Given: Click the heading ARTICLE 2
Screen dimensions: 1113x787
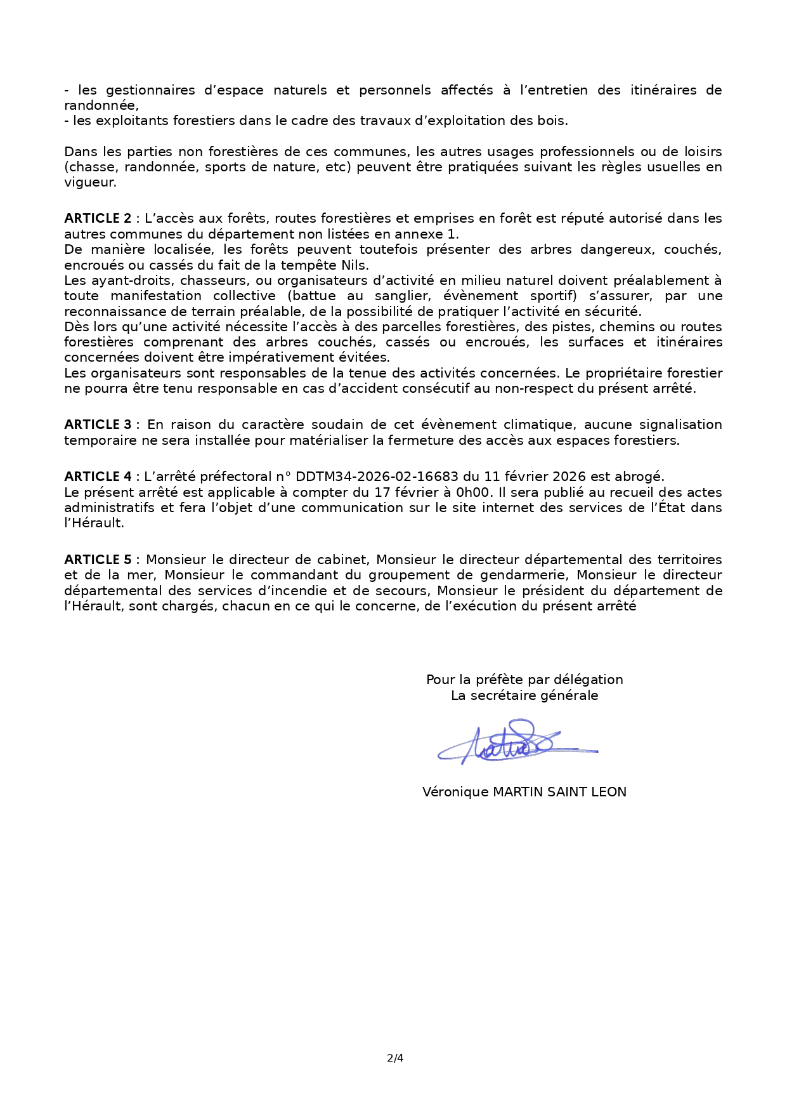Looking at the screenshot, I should [97, 218].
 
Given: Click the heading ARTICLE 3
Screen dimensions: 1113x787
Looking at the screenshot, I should [98, 425].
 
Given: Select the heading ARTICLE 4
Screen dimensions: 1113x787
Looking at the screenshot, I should [98, 477].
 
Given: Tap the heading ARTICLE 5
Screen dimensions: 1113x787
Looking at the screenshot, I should [98, 560].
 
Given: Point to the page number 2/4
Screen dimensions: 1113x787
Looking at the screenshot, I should [394, 1058].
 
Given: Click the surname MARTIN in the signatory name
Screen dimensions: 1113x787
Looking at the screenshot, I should [519, 792].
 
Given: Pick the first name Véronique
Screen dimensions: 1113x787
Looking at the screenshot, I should [455, 792].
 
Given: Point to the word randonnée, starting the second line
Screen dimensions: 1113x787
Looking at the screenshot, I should [101, 105].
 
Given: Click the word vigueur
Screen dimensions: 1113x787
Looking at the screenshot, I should [89, 182].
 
